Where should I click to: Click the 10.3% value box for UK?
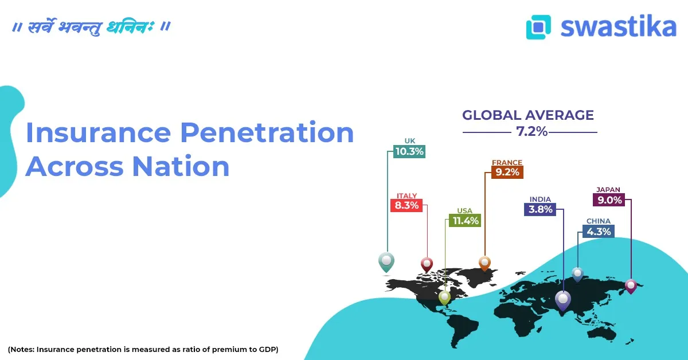(409, 152)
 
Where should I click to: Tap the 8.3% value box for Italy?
(406, 205)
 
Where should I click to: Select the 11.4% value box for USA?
(464, 220)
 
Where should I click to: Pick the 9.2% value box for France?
(507, 171)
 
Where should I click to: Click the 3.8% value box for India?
(540, 209)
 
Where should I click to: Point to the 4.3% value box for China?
(598, 231)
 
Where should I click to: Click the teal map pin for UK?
(386, 262)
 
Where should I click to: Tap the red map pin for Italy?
(427, 264)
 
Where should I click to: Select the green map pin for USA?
(444, 297)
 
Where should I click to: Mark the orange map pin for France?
(485, 263)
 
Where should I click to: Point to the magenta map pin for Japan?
(631, 285)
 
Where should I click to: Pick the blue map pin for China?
(577, 273)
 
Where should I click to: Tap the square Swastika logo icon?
(538, 27)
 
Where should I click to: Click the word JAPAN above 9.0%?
(608, 190)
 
